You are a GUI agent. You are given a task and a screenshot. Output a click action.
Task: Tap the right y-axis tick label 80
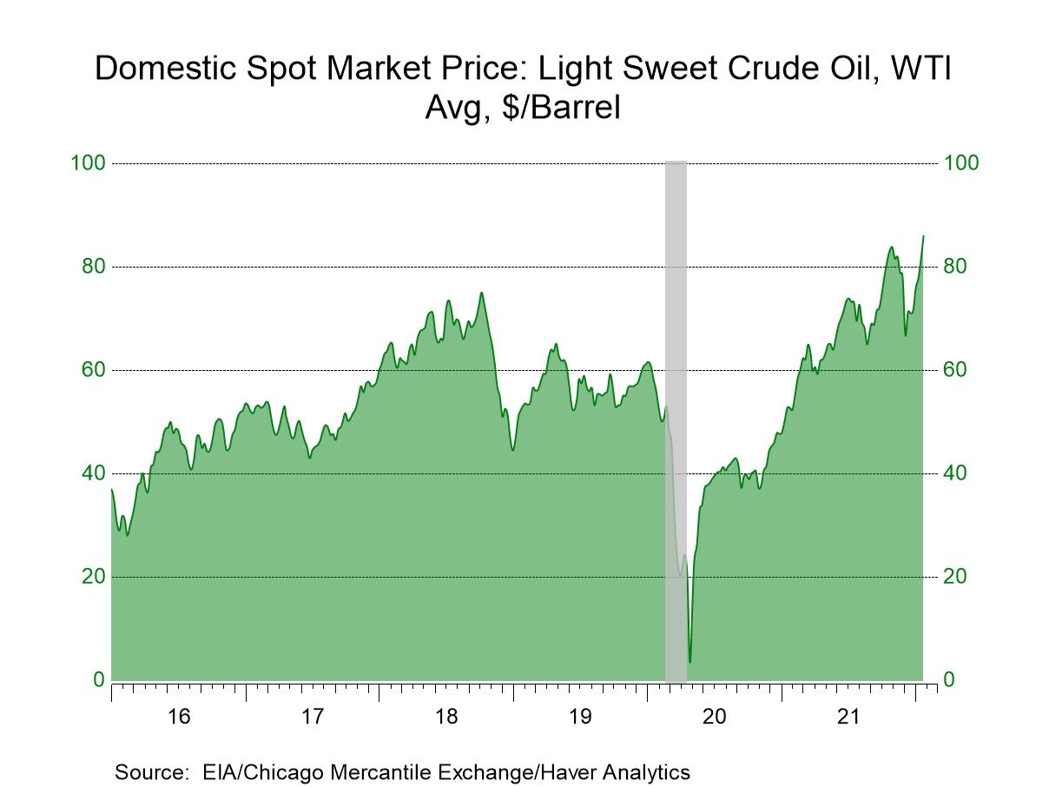tap(960, 267)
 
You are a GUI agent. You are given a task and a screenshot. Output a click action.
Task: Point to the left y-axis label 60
tap(91, 370)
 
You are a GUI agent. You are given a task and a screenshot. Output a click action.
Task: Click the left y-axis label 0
tap(97, 680)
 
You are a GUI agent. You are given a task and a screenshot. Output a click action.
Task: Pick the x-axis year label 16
tap(179, 718)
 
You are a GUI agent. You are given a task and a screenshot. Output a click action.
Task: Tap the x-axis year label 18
tap(446, 718)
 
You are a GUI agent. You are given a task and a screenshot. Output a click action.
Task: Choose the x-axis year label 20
tap(714, 718)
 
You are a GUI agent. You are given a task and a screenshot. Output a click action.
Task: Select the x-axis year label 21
tap(848, 718)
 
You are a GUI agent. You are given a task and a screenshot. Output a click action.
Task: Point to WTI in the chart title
tap(918, 68)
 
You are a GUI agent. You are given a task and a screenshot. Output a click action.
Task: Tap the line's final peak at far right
tap(923, 235)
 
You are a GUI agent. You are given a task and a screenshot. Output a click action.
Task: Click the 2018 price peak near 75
tap(482, 293)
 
